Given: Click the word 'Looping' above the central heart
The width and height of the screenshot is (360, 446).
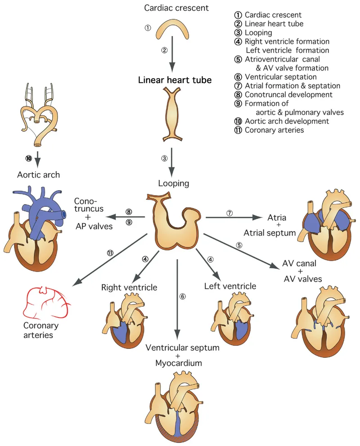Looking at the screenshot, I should click(x=174, y=183).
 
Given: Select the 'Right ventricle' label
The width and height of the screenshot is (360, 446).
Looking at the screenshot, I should click(x=129, y=287).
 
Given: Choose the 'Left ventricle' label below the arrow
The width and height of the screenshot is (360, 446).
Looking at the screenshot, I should click(x=230, y=286).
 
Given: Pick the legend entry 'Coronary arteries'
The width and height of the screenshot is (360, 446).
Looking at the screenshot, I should click(x=274, y=130).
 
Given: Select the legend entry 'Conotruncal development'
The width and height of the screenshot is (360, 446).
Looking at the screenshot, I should click(x=288, y=94).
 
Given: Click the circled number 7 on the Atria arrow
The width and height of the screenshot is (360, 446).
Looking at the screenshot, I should click(x=229, y=213).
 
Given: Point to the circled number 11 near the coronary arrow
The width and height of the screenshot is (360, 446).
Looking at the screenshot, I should click(x=110, y=253).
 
